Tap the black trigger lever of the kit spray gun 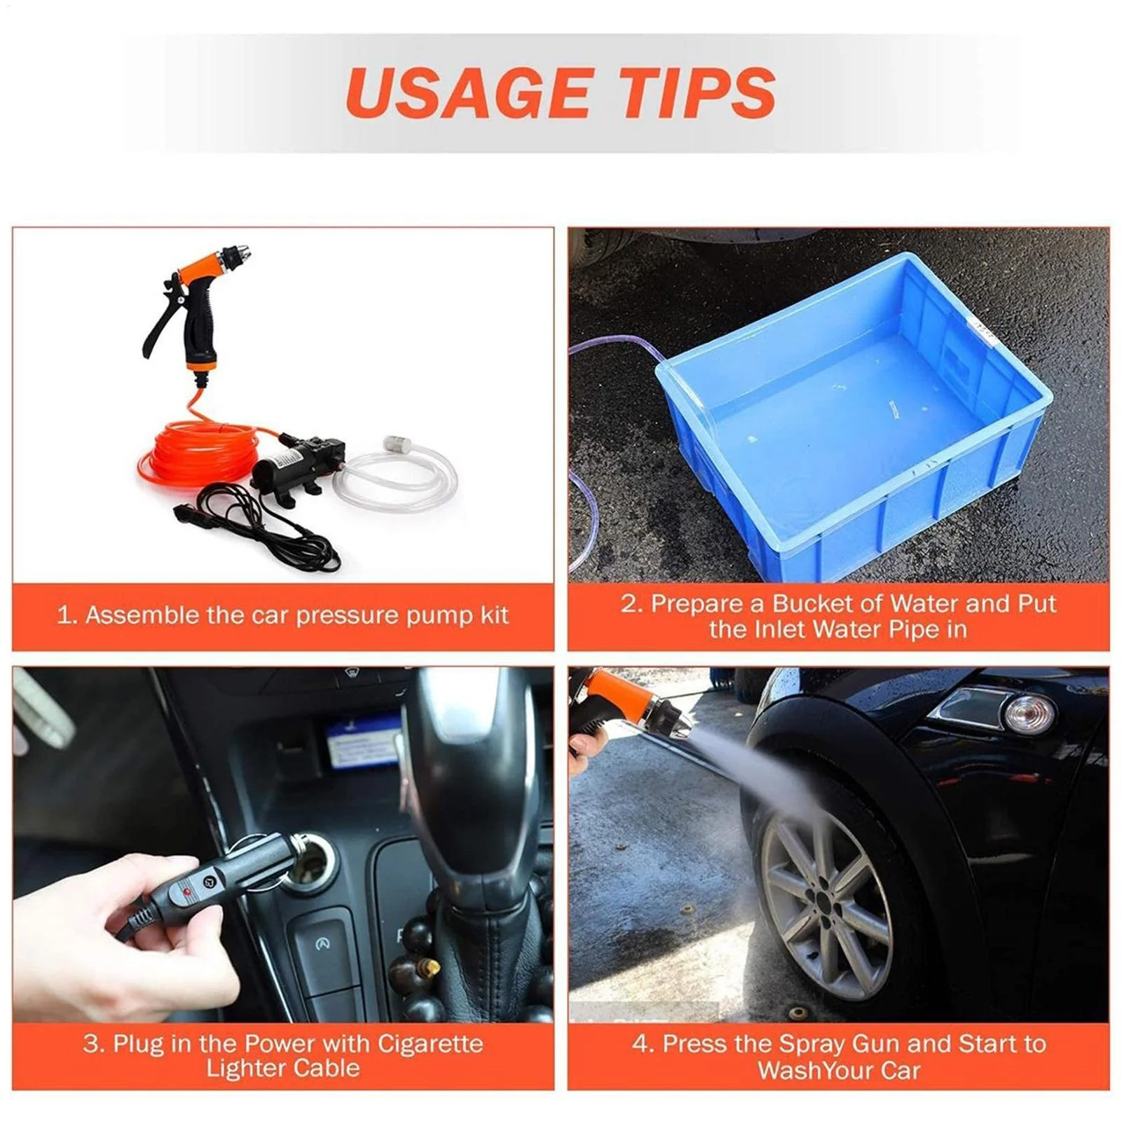pyautogui.click(x=159, y=323)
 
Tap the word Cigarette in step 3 pyautogui.click(x=430, y=1044)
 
